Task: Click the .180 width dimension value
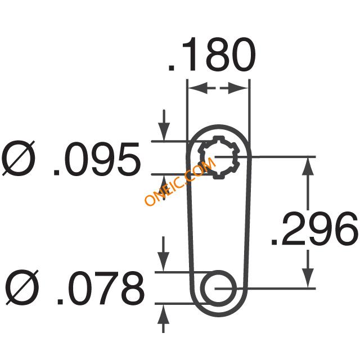pyautogui.click(x=211, y=54)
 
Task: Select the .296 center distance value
pyautogui.click(x=314, y=228)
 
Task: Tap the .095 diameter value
pyautogui.click(x=96, y=159)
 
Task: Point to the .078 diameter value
pyautogui.click(x=101, y=288)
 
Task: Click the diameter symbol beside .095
pyautogui.click(x=19, y=158)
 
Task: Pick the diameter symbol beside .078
pyautogui.click(x=22, y=287)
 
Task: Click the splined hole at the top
pyautogui.click(x=219, y=157)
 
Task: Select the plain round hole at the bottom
pyautogui.click(x=218, y=288)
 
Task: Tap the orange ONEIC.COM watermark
pyautogui.click(x=180, y=181)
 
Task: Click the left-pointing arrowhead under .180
pyautogui.click(x=197, y=88)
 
